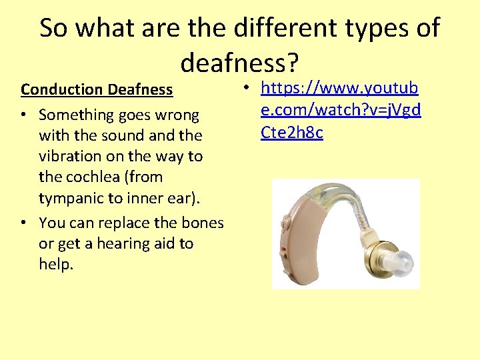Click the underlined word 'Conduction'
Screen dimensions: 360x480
62,89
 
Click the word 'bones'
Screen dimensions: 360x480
197,222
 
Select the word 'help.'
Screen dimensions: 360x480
56,265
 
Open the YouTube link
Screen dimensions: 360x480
340,110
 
